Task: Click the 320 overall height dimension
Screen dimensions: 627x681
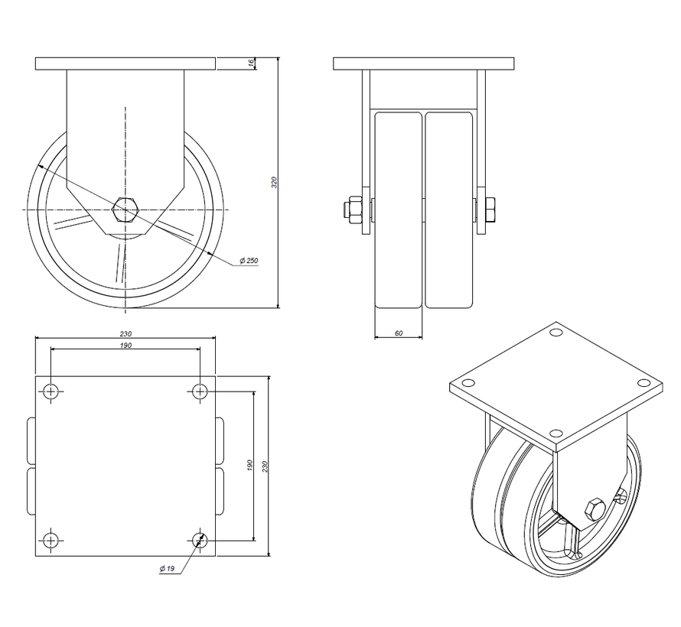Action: [274, 182]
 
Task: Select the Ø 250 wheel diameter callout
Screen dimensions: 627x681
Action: [249, 261]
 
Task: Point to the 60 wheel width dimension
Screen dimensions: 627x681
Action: [398, 333]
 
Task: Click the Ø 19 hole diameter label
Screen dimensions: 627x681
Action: [168, 568]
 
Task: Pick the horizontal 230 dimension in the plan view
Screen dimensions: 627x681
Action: [125, 334]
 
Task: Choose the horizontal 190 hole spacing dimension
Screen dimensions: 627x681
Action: [125, 346]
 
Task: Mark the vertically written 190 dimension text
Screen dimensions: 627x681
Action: [250, 466]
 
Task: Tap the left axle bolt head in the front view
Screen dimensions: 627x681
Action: [354, 209]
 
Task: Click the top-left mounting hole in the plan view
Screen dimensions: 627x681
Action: [51, 391]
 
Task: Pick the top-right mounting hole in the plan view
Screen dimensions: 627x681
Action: [200, 391]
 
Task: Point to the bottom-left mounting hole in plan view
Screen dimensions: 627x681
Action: [51, 541]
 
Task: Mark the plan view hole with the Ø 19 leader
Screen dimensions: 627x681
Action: [200, 541]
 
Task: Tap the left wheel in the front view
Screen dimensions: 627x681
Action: [399, 209]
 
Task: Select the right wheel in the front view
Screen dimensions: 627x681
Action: [448, 209]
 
